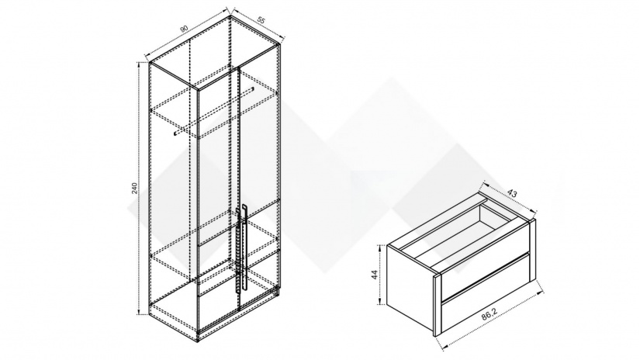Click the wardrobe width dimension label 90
184,28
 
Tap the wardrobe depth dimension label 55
261,20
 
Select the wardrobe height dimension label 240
135,189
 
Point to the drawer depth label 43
511,193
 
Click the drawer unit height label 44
374,275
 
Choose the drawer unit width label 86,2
490,313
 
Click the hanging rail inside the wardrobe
214,111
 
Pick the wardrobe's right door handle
244,247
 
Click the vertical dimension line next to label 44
380,275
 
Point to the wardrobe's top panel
215,52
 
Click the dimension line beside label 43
508,197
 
